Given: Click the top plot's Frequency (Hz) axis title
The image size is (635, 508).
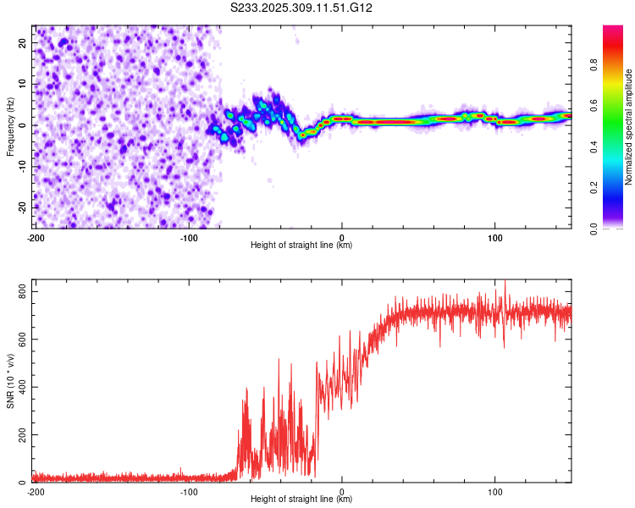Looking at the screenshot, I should (11, 126).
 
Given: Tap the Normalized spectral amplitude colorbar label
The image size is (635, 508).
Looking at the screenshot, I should (629, 127).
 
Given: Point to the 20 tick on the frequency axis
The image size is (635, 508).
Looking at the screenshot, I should (23, 43).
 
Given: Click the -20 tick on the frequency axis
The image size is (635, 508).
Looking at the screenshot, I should (21, 207).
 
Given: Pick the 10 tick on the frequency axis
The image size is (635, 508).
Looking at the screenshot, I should (23, 85).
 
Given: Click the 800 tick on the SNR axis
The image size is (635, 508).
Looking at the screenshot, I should (19, 292).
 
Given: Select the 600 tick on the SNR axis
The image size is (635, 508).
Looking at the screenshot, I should (19, 340).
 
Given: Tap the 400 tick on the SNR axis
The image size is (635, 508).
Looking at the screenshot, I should (19, 387).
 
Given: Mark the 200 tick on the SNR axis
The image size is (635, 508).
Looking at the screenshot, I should (19, 435).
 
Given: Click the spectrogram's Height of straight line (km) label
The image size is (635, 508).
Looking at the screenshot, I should (301, 246).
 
